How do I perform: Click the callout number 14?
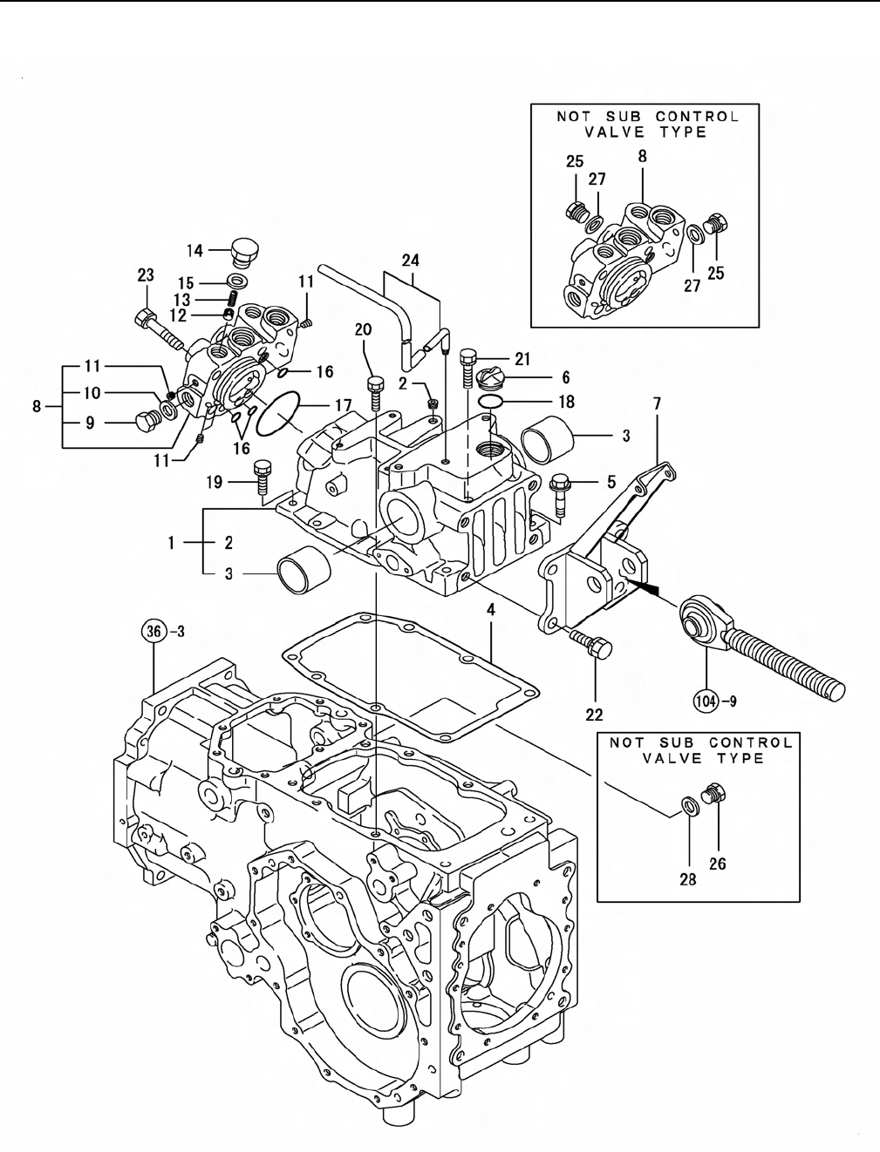tap(194, 250)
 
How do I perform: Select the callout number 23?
tap(146, 274)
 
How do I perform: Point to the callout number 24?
tap(411, 261)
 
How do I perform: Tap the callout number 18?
tap(567, 402)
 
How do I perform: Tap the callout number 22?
tap(594, 715)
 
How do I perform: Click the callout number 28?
tap(688, 879)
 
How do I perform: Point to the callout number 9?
tap(91, 423)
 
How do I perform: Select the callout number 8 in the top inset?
tap(643, 156)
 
